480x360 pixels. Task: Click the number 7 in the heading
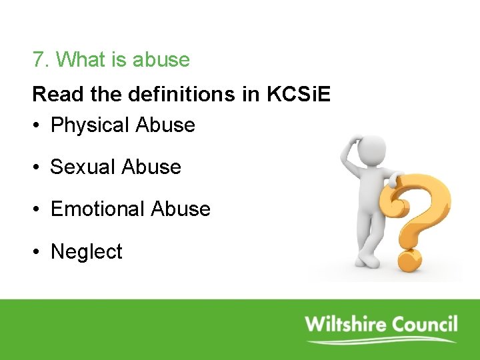click(37, 60)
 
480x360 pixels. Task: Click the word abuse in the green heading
click(161, 60)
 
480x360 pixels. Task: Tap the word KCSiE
click(298, 95)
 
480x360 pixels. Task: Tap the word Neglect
click(87, 252)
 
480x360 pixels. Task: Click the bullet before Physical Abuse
click(37, 126)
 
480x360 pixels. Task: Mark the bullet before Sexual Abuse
click(37, 167)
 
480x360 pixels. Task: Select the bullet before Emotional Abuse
click(37, 210)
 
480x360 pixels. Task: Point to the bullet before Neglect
click(37, 253)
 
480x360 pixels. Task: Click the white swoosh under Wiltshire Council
click(380, 341)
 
